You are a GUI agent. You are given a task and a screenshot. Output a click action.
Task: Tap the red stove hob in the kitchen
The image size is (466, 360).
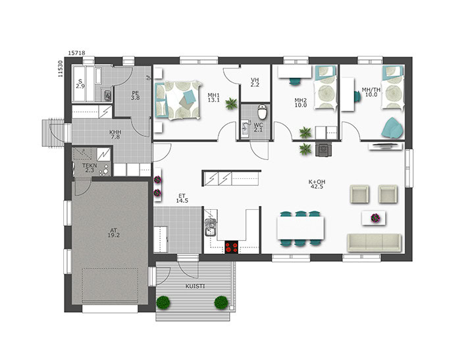click(232, 247)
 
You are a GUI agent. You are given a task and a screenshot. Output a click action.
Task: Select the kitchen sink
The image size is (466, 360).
click(211, 228)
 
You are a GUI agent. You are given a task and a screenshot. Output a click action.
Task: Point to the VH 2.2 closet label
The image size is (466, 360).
click(255, 82)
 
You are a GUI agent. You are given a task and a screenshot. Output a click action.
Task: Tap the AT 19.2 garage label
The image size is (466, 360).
click(113, 232)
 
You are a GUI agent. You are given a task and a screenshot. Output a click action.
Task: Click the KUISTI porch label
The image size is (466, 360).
click(195, 286)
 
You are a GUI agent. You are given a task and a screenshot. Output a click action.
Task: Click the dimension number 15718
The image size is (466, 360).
click(76, 53)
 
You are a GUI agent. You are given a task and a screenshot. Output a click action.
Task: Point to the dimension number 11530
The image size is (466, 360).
click(61, 69)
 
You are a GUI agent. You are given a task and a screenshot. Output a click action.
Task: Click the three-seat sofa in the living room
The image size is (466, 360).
click(375, 242)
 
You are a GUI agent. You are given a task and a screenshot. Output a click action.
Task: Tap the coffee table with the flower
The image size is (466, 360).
click(374, 219)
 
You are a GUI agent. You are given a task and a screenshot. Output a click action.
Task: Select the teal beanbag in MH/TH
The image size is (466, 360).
click(392, 128)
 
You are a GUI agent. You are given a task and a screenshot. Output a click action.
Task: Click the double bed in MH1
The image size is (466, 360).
click(177, 100)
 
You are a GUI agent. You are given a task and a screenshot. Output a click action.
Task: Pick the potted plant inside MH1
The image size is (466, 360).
click(231, 103)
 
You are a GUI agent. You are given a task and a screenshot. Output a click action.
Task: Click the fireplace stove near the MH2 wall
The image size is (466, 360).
click(323, 148)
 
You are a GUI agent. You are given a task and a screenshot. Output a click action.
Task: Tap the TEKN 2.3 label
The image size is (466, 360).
click(90, 168)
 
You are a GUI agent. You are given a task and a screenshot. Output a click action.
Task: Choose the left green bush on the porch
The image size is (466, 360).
click(163, 302)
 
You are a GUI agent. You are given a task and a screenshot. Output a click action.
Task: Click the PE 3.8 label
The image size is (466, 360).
click(135, 95)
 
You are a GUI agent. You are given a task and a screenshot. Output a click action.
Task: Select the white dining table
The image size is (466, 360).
click(300, 228)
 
